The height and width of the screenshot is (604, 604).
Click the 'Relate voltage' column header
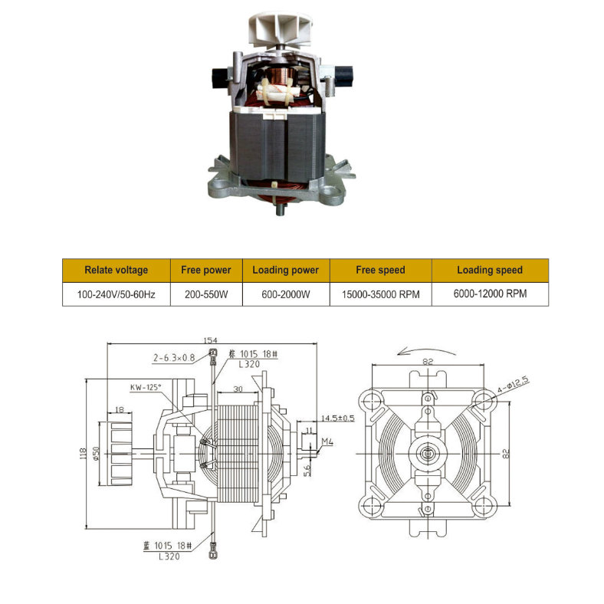(x=116, y=270)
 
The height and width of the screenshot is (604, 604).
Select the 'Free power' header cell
(x=205, y=270)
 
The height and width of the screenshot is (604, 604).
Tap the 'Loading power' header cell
(x=285, y=270)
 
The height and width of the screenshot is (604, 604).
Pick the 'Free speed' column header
(x=380, y=270)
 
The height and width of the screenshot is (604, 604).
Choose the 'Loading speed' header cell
(x=490, y=270)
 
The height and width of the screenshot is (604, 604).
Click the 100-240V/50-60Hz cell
(x=116, y=294)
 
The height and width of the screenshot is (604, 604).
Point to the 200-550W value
(x=205, y=294)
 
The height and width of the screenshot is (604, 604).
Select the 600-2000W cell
(x=285, y=294)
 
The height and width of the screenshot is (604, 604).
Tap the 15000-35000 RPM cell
(x=380, y=294)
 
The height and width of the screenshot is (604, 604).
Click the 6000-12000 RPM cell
(x=490, y=294)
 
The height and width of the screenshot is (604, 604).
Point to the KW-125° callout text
(x=145, y=388)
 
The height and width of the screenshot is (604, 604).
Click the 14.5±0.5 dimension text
(x=338, y=418)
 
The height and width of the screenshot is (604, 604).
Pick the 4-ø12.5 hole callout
(x=514, y=382)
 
